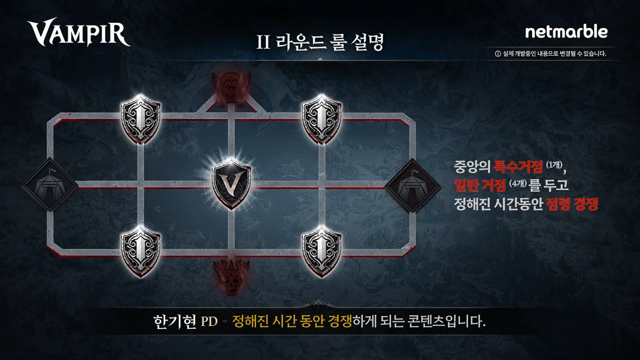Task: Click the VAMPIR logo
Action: pyautogui.click(x=78, y=33)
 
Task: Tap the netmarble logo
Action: pyautogui.click(x=566, y=32)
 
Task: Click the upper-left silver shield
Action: pyautogui.click(x=141, y=119)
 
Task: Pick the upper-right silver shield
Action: pyautogui.click(x=322, y=119)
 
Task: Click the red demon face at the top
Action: pyautogui.click(x=230, y=86)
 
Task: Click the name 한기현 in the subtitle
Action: pyautogui.click(x=174, y=321)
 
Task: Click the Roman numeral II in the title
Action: pyautogui.click(x=263, y=43)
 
